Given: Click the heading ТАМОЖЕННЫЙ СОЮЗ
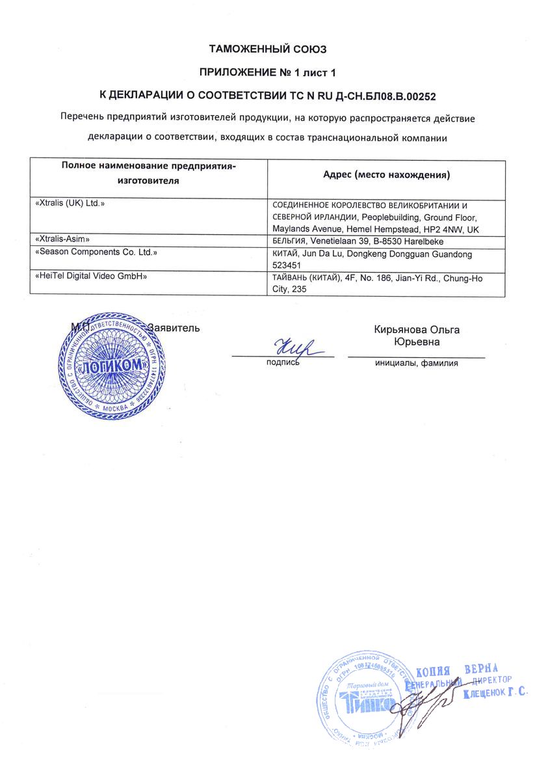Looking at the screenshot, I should click(267, 48).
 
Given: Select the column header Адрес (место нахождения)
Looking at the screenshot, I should click(387, 175).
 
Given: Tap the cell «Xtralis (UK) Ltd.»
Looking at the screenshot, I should click(70, 204).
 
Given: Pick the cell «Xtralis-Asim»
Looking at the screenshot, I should click(62, 239).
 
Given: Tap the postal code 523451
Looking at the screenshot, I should click(288, 265).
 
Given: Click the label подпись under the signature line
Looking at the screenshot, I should click(283, 362).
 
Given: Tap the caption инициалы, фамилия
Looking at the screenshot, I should click(416, 363).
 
